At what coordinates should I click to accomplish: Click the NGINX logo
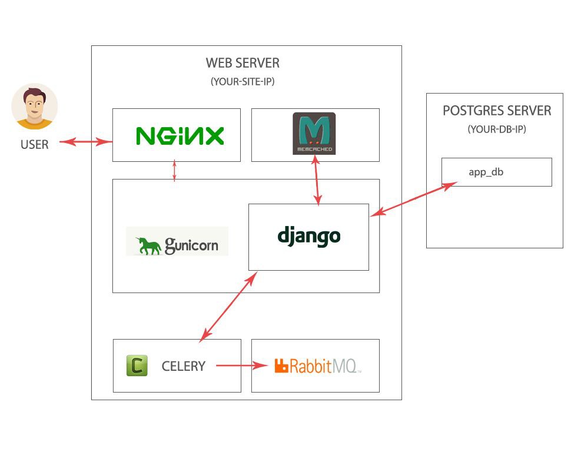point(180,136)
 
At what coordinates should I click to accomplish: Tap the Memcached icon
point(314,134)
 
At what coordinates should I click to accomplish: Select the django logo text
point(309,237)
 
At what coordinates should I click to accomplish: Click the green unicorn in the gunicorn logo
point(148,245)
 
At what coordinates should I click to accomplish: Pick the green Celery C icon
point(137,365)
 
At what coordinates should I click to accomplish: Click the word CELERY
point(184,367)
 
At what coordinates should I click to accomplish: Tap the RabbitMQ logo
point(317,366)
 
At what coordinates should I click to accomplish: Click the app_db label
point(486,172)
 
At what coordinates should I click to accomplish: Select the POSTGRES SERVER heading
point(497,111)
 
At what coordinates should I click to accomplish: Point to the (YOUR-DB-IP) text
point(497,129)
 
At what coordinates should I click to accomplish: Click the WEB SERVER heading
point(243,63)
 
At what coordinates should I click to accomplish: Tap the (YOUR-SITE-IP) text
point(243,81)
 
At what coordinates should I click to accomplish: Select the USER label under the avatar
point(35,145)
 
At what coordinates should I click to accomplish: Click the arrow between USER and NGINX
point(86,141)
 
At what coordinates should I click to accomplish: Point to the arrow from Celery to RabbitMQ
point(241,365)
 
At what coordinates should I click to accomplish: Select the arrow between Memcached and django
point(317,180)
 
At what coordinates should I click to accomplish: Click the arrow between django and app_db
point(414,199)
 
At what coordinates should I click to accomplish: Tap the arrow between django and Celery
point(228,307)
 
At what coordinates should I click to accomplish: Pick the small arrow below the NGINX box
point(174,171)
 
